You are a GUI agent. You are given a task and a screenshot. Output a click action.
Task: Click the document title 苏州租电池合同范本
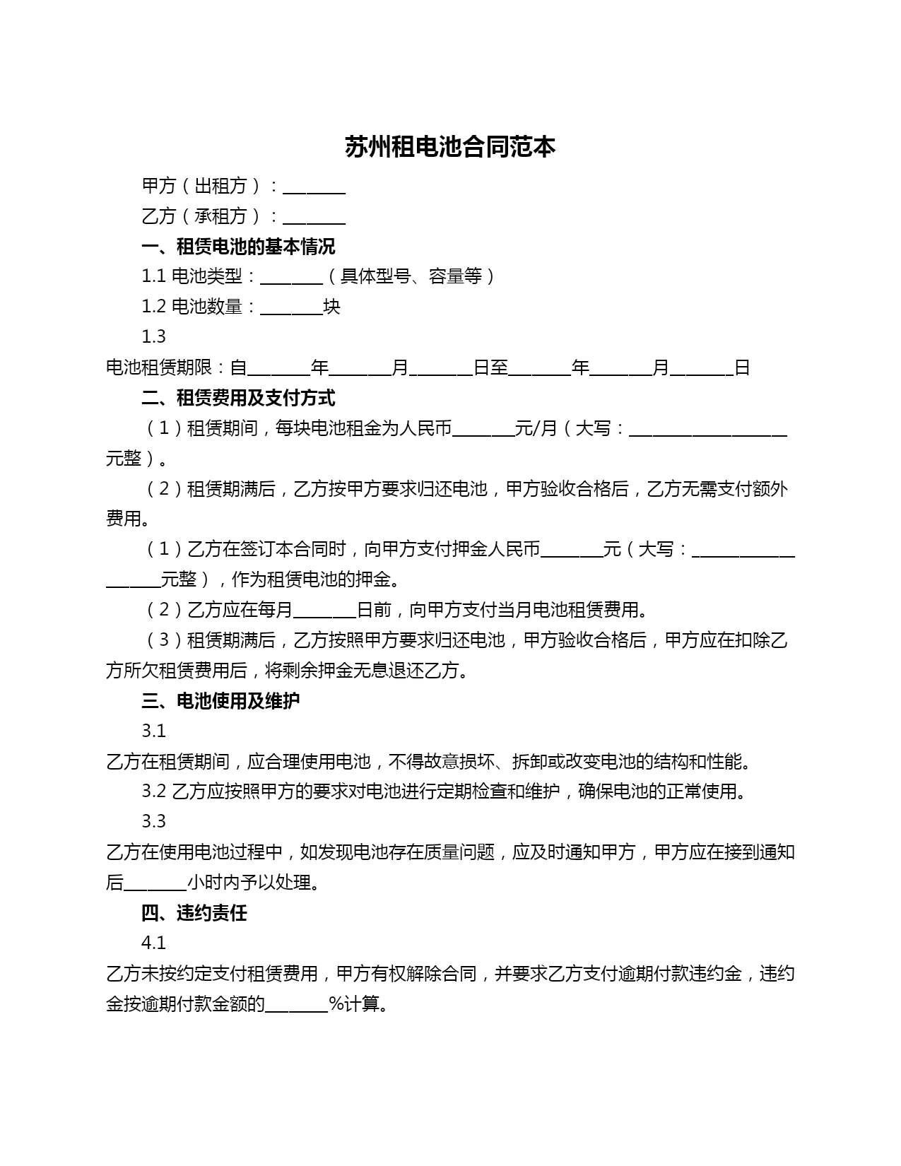click(x=450, y=147)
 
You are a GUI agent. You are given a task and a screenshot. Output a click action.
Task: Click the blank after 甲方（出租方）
click(x=314, y=188)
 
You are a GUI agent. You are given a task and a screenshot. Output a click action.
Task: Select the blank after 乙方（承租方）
click(x=314, y=218)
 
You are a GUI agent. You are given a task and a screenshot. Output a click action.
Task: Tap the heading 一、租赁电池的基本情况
click(x=238, y=247)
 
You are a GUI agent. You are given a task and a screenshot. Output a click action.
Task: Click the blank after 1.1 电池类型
click(x=291, y=278)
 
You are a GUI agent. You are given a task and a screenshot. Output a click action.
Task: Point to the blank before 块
click(x=291, y=309)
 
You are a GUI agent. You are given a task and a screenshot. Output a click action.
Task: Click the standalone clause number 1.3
click(x=153, y=337)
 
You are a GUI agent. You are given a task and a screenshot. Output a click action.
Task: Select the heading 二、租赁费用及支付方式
click(x=238, y=398)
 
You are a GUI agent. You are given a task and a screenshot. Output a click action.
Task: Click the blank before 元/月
click(x=483, y=430)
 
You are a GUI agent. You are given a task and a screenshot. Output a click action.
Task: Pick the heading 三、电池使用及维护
click(x=220, y=701)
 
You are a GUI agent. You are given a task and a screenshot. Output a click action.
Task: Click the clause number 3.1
click(x=153, y=731)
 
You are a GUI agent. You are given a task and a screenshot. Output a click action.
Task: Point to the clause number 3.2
click(x=153, y=791)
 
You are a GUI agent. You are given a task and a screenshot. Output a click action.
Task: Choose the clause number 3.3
click(x=153, y=821)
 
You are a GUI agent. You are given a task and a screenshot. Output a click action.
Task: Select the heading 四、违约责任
click(x=194, y=913)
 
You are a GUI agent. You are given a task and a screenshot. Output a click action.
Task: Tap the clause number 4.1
click(x=153, y=943)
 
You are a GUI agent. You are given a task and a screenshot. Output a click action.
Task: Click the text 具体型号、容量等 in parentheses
click(x=411, y=276)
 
